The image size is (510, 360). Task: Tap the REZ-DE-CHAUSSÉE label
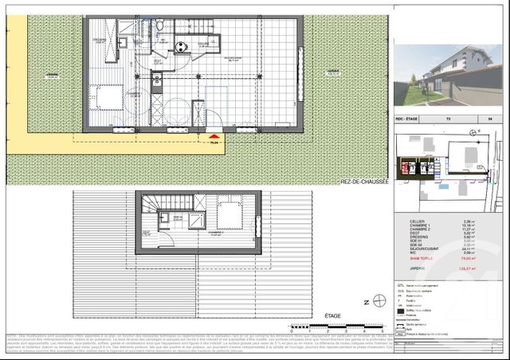(364, 182)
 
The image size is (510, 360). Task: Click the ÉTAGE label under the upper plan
(333, 316)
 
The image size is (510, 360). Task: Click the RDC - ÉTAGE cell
(411, 120)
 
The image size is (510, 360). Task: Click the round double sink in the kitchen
(181, 46)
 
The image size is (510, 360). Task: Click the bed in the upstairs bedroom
(231, 213)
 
